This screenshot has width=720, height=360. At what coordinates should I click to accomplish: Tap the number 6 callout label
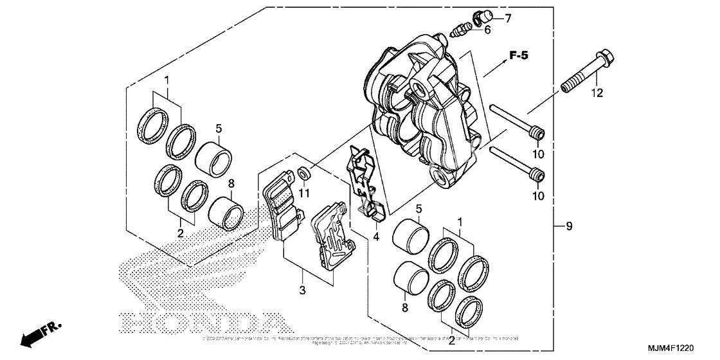(x=487, y=30)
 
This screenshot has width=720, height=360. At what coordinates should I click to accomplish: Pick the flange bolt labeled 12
(x=586, y=70)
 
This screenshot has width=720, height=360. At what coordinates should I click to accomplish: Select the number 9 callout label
(x=569, y=226)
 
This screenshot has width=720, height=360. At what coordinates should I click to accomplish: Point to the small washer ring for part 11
(x=303, y=173)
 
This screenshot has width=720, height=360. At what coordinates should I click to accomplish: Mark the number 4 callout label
(x=377, y=236)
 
